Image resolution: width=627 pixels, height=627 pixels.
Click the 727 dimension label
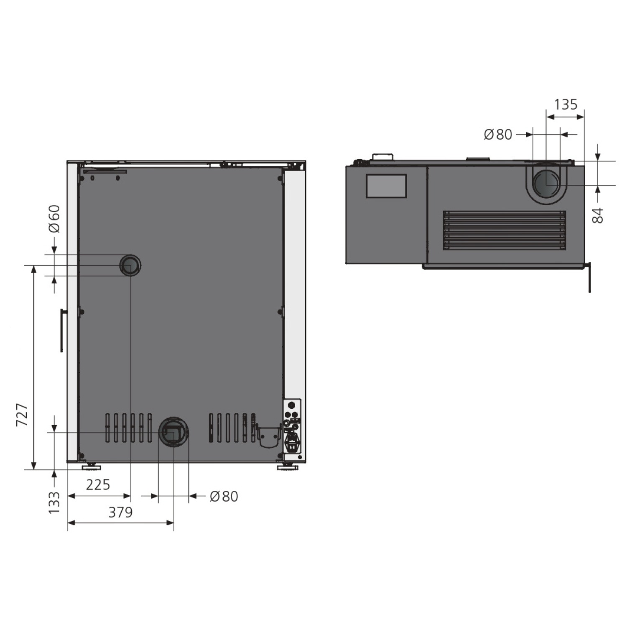(x=22, y=415)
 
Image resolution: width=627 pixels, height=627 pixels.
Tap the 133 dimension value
(x=54, y=503)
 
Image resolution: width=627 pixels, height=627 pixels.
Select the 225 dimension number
(x=98, y=485)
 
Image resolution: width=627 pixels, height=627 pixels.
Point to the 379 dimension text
(x=120, y=512)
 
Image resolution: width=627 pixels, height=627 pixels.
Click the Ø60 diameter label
(x=54, y=219)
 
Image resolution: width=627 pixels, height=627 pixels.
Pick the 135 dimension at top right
(x=566, y=104)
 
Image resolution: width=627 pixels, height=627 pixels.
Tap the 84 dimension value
(x=598, y=215)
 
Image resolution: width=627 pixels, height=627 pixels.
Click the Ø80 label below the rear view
(x=224, y=496)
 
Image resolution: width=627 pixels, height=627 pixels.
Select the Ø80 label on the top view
(x=498, y=134)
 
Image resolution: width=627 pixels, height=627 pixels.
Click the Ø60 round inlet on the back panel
(x=130, y=265)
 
